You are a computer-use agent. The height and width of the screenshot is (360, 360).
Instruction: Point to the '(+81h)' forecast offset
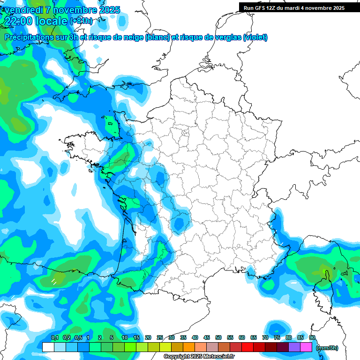[x=81, y=21]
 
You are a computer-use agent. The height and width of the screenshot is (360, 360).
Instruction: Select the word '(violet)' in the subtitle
[x=255, y=37]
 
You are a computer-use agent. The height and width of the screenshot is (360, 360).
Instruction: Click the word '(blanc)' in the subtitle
[x=157, y=37]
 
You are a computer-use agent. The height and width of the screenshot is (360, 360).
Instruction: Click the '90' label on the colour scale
[x=312, y=337]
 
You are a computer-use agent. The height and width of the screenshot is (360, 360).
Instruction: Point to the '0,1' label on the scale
[x=54, y=337]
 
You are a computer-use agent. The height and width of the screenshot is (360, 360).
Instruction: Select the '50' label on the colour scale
[x=218, y=337]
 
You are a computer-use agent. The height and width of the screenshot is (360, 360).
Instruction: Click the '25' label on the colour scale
[x=160, y=337]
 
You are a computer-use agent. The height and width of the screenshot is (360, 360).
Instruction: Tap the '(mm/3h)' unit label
[x=328, y=347]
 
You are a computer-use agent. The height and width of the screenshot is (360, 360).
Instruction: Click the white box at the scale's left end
[x=48, y=347]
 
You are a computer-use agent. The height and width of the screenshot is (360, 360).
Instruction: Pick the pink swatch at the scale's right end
[x=306, y=347]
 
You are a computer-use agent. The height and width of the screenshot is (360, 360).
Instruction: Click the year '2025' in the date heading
[x=106, y=10]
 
